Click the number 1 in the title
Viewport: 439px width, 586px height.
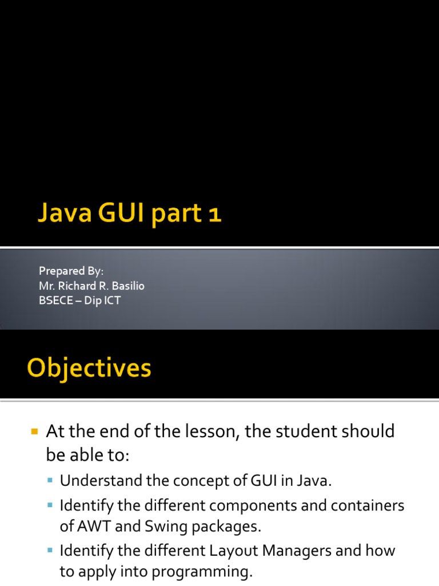pyautogui.click(x=214, y=215)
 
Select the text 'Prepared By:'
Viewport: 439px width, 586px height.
pyautogui.click(x=71, y=271)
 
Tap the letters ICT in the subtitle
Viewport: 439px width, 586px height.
pyautogui.click(x=111, y=300)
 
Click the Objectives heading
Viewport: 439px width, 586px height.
pyautogui.click(x=89, y=367)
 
